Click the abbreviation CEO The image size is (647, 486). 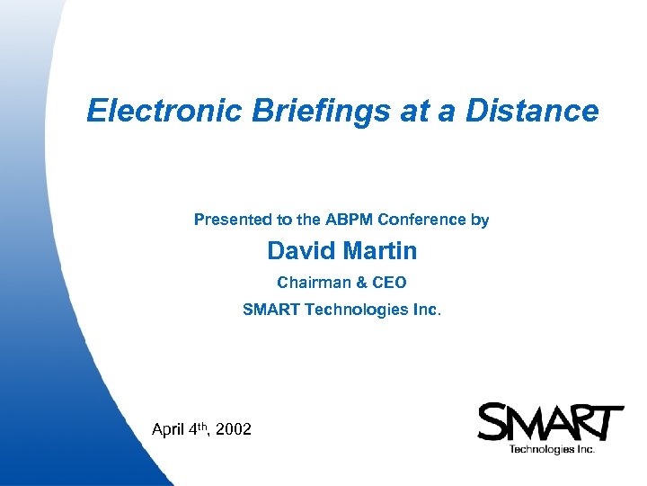(390, 283)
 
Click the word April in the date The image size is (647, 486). (168, 430)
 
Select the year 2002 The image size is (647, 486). (234, 430)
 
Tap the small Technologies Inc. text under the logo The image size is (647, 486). (551, 449)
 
